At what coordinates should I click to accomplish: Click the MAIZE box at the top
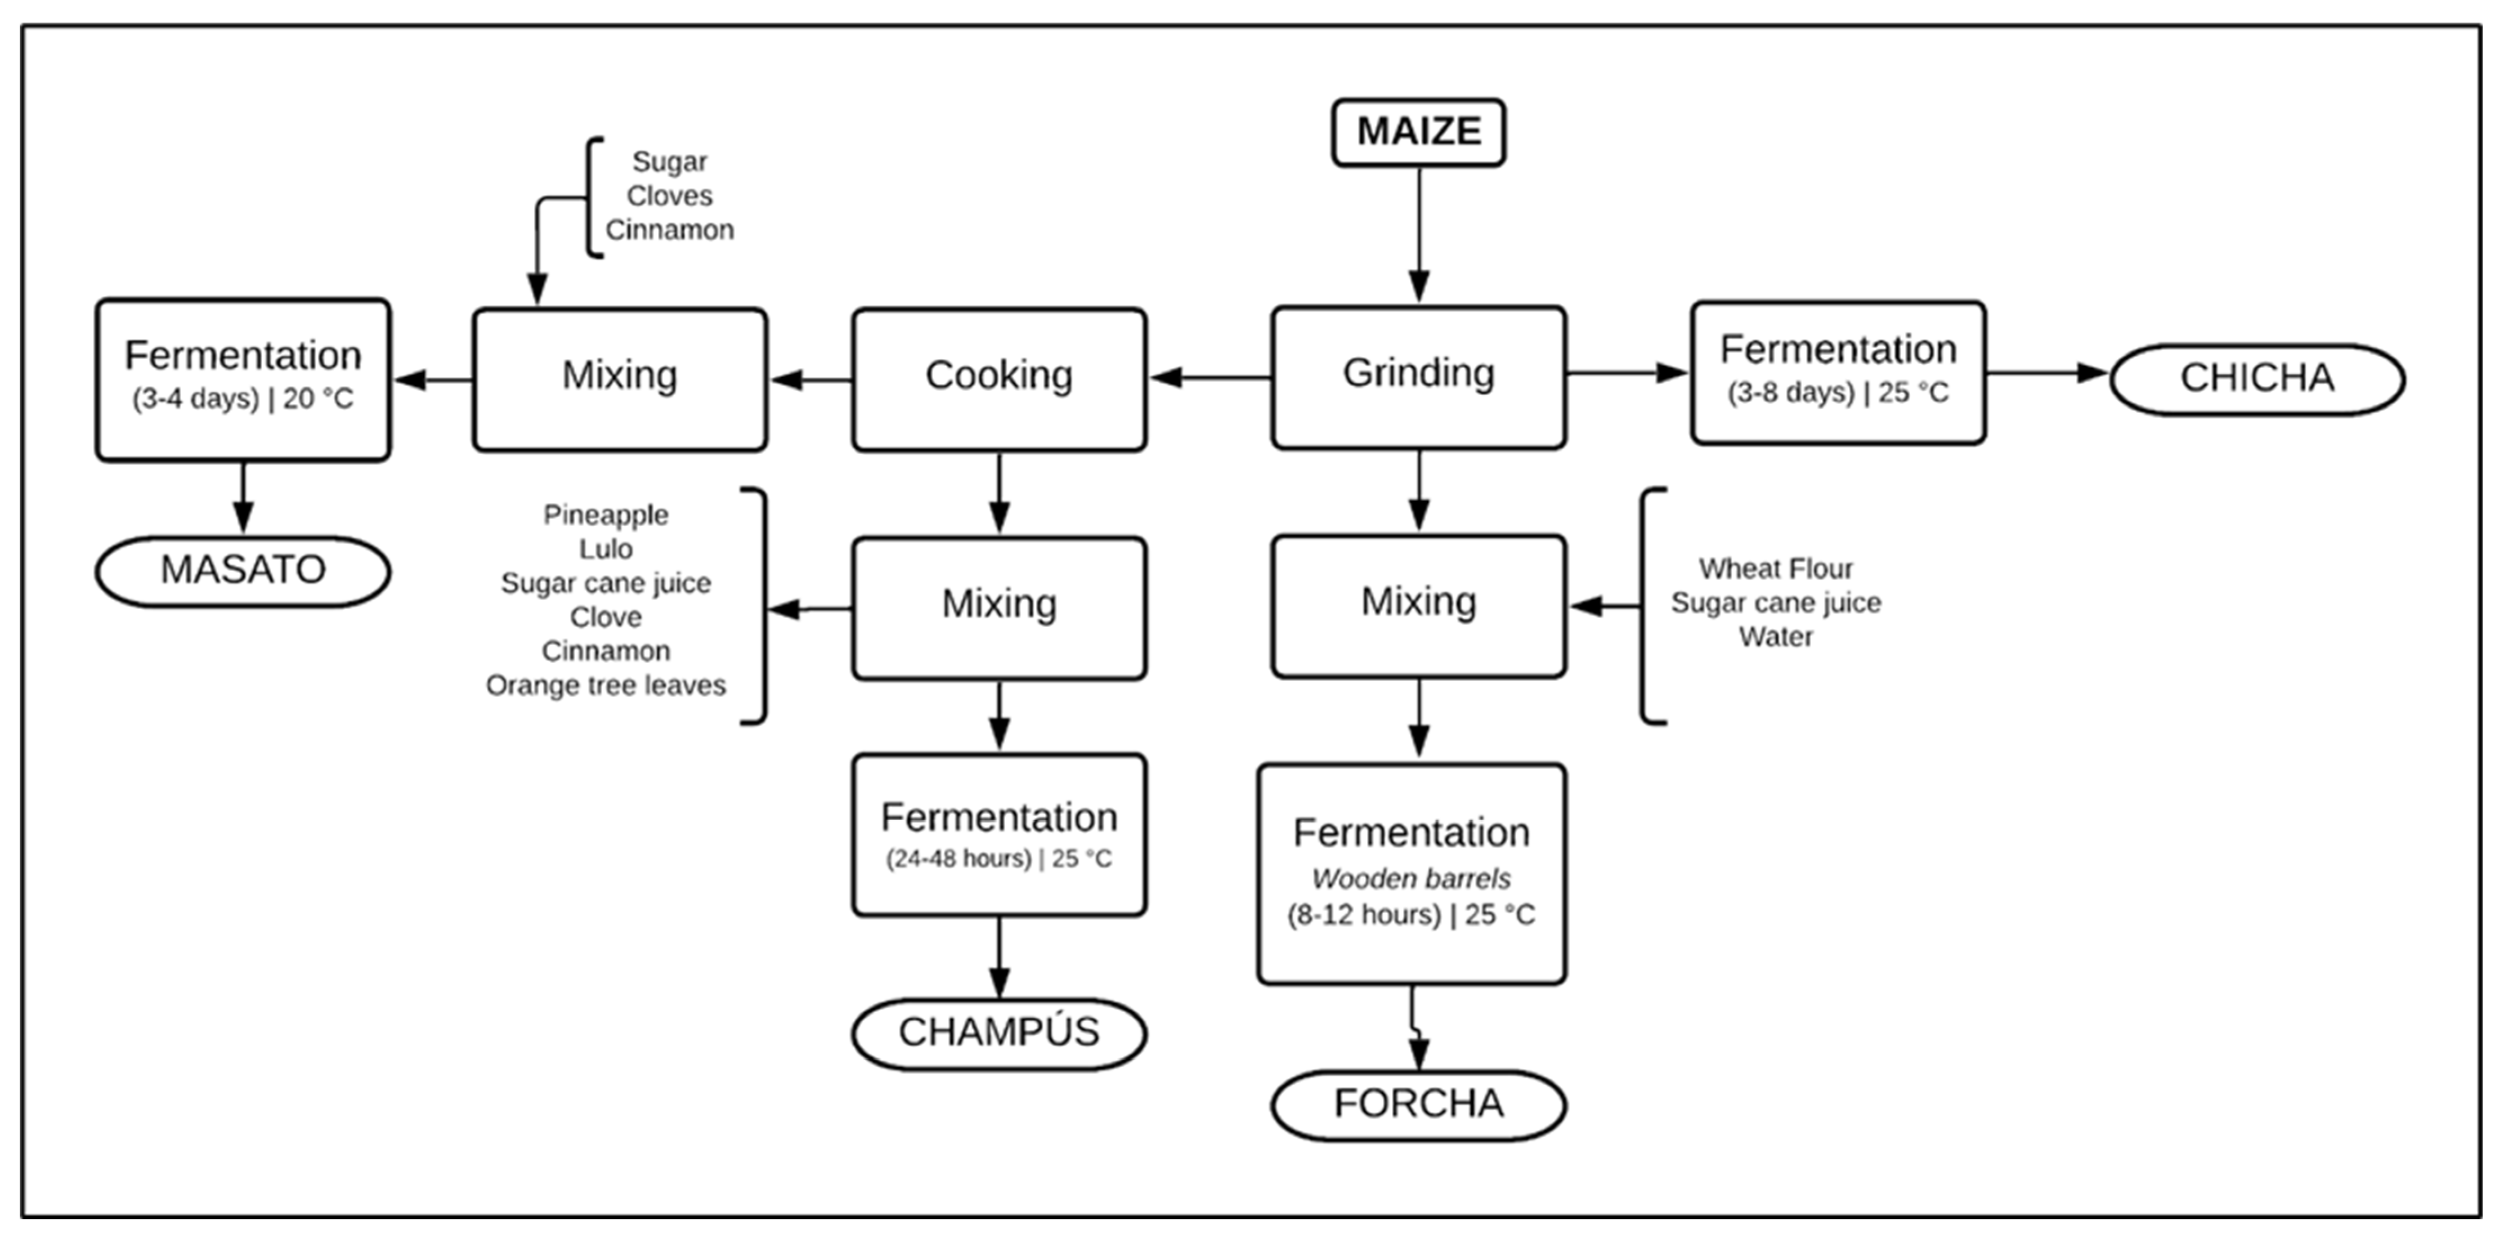point(1418,132)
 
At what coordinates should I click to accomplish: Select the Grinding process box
point(1418,377)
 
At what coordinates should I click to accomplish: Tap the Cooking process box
point(998,379)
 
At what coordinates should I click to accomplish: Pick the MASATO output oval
point(243,571)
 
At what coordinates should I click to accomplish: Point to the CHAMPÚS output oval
point(998,1032)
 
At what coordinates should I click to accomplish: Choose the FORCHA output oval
point(1418,1105)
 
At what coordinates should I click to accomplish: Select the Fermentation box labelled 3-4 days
point(243,379)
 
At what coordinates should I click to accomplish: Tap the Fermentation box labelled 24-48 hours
point(998,834)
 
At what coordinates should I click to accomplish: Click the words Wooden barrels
point(1412,879)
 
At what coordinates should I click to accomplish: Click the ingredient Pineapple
point(606,515)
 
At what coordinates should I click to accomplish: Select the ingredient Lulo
point(606,549)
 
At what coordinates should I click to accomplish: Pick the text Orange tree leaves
point(606,686)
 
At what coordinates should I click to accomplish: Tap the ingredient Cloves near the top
point(669,196)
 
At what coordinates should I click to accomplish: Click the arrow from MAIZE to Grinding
point(1419,234)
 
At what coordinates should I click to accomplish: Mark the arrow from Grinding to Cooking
point(1209,377)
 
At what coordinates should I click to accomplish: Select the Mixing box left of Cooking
point(620,379)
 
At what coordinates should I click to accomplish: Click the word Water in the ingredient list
point(1776,637)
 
